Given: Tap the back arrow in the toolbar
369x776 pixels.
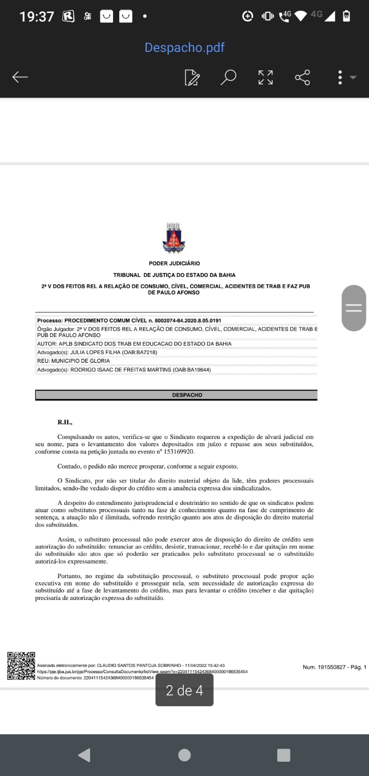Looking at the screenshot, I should (20, 77).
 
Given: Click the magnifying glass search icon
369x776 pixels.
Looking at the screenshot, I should (228, 77).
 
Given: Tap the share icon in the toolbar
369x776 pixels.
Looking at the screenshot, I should (302, 77).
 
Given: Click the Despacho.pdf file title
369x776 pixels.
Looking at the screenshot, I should (184, 48).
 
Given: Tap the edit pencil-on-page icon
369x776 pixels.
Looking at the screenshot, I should (192, 77).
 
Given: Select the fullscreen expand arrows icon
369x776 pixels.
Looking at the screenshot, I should (265, 77).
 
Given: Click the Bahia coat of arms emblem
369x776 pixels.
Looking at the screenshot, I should (173, 238).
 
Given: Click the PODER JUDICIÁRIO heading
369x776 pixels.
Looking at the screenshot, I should (174, 263).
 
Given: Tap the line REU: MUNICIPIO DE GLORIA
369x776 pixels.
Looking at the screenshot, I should (74, 361).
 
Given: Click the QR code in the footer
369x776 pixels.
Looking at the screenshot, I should (21, 666).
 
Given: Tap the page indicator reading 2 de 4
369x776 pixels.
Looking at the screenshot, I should (184, 690).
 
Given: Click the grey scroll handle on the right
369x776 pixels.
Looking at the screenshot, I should (353, 308).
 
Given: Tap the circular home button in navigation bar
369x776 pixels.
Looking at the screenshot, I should (184, 755).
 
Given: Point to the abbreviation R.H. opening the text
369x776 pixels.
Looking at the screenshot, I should (64, 422).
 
